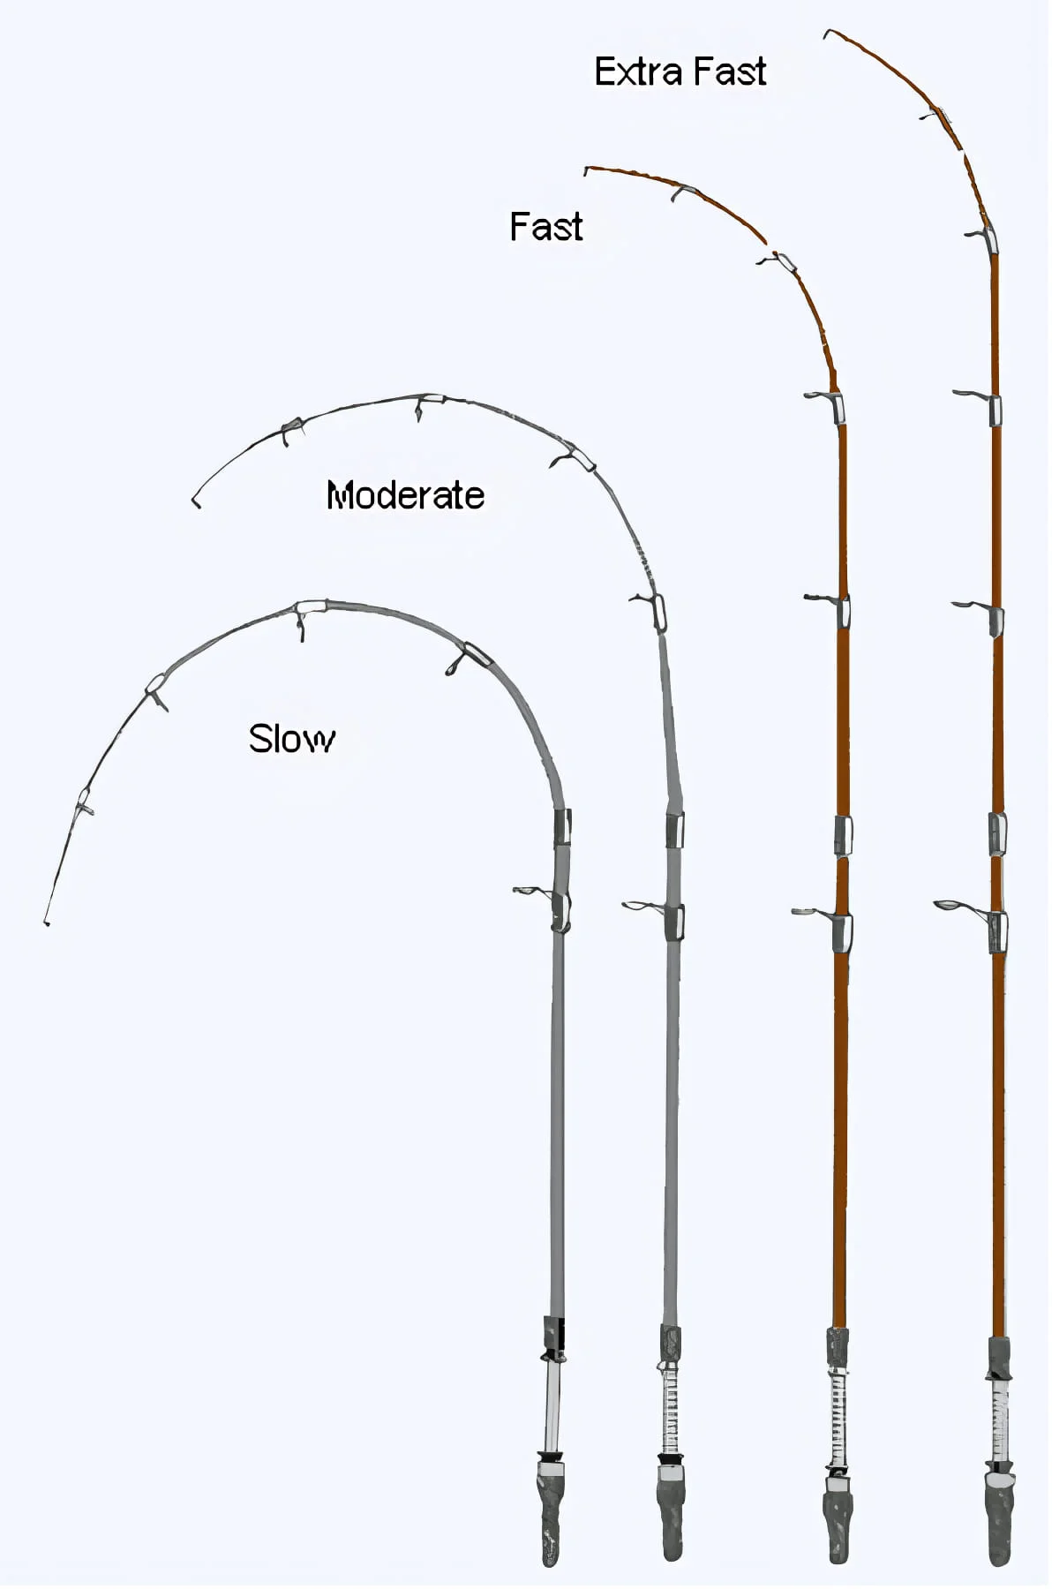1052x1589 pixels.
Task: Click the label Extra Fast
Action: [x=680, y=72]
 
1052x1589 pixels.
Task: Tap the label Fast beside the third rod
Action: [x=546, y=227]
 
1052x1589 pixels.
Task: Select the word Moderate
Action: [x=405, y=495]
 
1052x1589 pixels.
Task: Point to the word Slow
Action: [x=291, y=739]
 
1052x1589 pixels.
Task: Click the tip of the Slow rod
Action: [x=46, y=923]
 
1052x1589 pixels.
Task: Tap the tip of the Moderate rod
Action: [x=196, y=505]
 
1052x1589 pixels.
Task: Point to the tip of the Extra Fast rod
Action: [x=826, y=34]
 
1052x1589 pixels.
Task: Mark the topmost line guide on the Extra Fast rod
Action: [x=936, y=115]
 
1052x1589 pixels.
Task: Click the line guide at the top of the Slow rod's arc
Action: [x=307, y=616]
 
